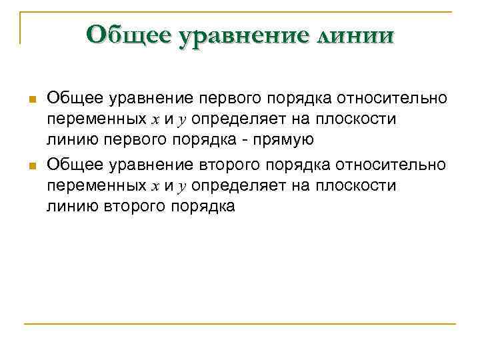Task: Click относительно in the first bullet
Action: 393,99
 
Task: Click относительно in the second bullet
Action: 392,165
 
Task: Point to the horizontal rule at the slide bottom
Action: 240,324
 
